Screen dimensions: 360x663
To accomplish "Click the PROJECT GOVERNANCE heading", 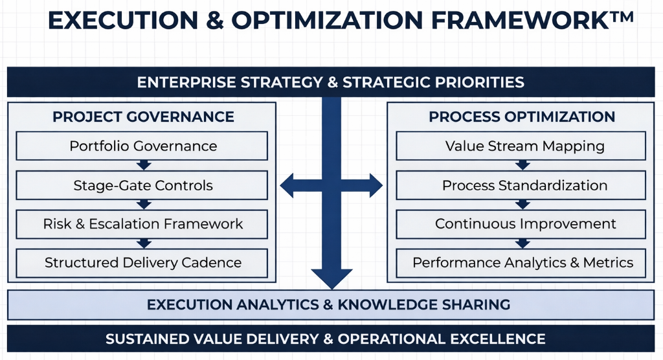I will (x=143, y=117).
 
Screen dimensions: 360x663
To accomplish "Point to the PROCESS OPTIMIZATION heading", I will (x=522, y=117).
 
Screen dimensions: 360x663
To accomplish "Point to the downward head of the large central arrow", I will (x=331, y=276).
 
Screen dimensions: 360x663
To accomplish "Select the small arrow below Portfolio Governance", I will (x=144, y=165).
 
